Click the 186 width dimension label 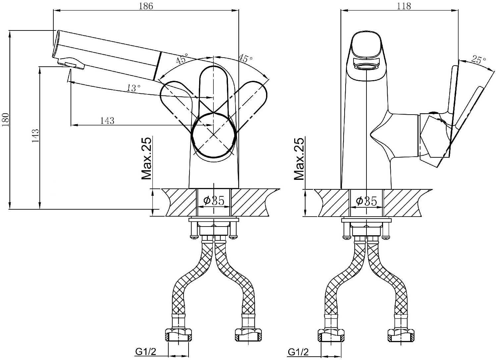tap(146, 6)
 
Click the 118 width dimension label tap(404, 6)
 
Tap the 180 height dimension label tap(5, 120)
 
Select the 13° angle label tap(134, 88)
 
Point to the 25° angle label tap(478, 60)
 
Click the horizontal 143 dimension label tap(107, 121)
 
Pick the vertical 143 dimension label tap(35, 135)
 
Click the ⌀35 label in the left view tap(214, 200)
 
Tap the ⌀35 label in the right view tap(366, 201)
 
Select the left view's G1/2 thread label tap(146, 352)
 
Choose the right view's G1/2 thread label tap(298, 352)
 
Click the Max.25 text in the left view tap(146, 158)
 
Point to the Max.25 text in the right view tap(299, 159)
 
